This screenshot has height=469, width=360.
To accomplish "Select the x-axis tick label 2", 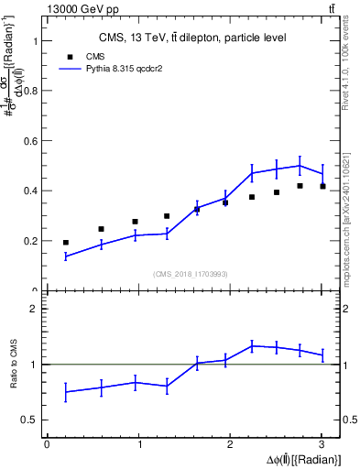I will (x=231, y=444).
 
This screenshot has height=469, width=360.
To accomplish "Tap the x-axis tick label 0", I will (x=47, y=444).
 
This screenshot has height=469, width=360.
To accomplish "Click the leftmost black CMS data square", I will (x=65, y=243).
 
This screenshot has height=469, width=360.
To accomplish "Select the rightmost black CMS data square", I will (x=322, y=187).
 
